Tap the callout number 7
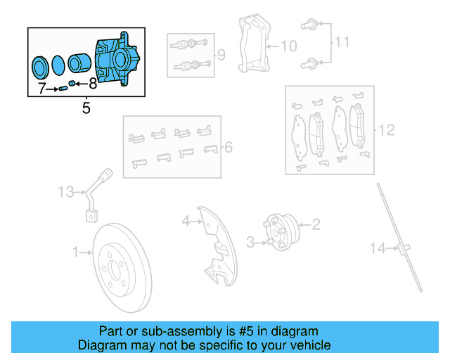(x=42, y=89)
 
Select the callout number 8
(x=93, y=85)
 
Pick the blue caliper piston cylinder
(x=77, y=66)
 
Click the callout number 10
(x=289, y=46)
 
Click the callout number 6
(x=228, y=148)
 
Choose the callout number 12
(x=387, y=130)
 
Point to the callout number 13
(x=65, y=191)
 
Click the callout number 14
(x=379, y=247)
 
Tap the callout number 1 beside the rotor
(x=76, y=251)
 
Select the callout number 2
(x=316, y=225)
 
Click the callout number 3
(x=250, y=243)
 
